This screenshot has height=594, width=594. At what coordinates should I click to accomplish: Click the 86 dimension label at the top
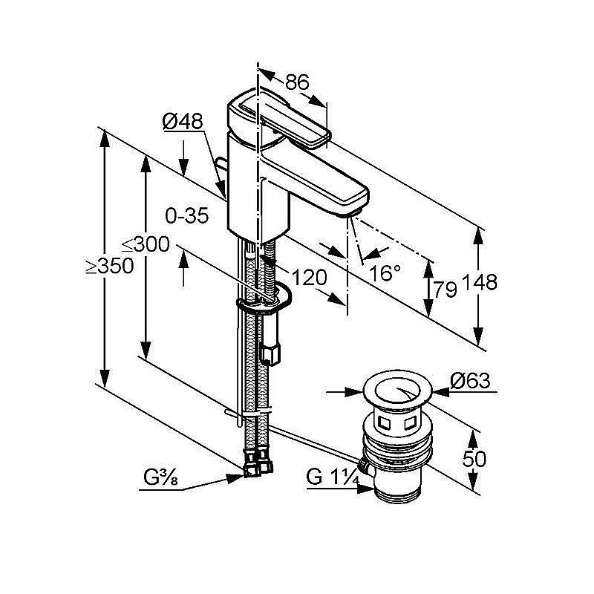tap(297, 82)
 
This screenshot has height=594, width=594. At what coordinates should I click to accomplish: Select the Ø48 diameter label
tap(182, 122)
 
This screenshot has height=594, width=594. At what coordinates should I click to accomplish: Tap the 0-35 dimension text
tap(187, 216)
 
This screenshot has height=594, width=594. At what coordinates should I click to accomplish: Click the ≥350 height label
tap(109, 265)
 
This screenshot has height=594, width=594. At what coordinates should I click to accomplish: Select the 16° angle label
tap(385, 272)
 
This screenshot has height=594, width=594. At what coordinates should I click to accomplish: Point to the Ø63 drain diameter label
tap(471, 381)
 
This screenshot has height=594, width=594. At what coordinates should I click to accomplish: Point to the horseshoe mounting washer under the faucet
tap(264, 301)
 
